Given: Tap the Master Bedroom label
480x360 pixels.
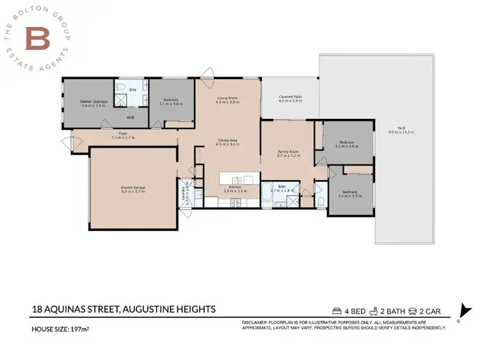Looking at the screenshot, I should click(x=93, y=104).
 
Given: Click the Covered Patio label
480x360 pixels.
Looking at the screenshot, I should click(x=290, y=99).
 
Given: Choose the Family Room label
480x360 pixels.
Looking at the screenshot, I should click(x=288, y=153).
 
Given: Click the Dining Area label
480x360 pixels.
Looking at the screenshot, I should click(x=227, y=143).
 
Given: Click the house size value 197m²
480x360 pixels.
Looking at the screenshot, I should click(x=83, y=330).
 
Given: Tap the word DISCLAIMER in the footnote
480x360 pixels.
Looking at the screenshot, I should click(x=256, y=322).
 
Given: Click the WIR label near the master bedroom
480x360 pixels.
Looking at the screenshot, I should click(x=130, y=118).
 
